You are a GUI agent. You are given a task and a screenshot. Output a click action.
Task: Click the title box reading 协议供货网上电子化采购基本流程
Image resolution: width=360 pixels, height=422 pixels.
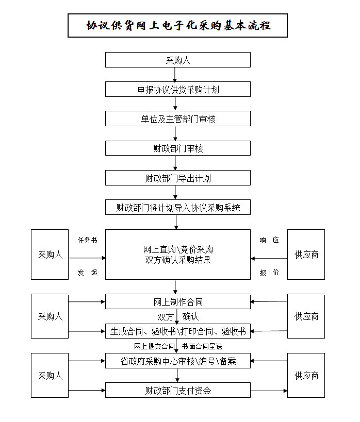(x=177, y=26)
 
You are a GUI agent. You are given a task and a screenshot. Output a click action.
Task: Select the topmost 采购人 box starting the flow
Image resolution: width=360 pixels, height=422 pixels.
(x=177, y=60)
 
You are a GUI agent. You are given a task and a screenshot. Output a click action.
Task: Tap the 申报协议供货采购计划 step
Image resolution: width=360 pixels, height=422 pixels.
(x=177, y=89)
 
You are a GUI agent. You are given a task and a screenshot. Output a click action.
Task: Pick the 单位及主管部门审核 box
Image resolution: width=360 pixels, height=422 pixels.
(x=177, y=119)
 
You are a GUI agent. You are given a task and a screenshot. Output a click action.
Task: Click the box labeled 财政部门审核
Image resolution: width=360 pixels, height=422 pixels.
(x=177, y=148)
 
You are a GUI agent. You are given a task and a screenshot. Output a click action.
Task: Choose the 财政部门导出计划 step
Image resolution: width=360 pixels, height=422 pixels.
(x=177, y=178)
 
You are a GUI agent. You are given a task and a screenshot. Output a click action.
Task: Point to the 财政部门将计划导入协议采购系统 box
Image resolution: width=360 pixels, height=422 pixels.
(x=177, y=208)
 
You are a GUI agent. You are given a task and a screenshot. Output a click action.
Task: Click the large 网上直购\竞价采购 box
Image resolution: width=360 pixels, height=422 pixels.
(x=177, y=255)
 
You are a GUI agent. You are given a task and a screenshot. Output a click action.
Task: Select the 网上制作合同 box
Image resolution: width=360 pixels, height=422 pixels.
(x=177, y=301)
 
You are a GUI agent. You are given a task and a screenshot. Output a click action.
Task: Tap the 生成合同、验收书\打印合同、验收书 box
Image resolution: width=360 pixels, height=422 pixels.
(x=177, y=331)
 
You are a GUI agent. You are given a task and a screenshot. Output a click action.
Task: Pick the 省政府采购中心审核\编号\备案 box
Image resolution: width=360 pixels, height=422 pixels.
(x=177, y=361)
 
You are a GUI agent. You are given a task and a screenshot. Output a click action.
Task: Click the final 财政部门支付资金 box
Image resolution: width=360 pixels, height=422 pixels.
(x=177, y=390)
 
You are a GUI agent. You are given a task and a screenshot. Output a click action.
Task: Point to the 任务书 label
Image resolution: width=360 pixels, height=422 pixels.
(x=87, y=240)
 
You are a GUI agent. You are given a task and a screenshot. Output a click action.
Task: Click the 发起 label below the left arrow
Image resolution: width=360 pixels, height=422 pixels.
(x=87, y=273)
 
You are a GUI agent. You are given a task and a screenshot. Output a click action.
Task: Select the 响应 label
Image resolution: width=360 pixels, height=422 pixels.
(x=269, y=240)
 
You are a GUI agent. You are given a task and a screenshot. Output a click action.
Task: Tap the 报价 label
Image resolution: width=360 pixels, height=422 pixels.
(x=269, y=273)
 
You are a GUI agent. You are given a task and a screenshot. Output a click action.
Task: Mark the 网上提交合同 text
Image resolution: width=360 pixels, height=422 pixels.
(x=154, y=346)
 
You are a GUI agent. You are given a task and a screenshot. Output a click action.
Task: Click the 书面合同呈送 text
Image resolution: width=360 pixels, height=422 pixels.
(x=202, y=346)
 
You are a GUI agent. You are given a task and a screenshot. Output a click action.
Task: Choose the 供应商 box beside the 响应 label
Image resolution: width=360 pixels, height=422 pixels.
(x=306, y=255)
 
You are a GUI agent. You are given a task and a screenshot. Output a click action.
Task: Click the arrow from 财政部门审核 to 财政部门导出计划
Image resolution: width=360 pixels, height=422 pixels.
(x=176, y=163)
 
